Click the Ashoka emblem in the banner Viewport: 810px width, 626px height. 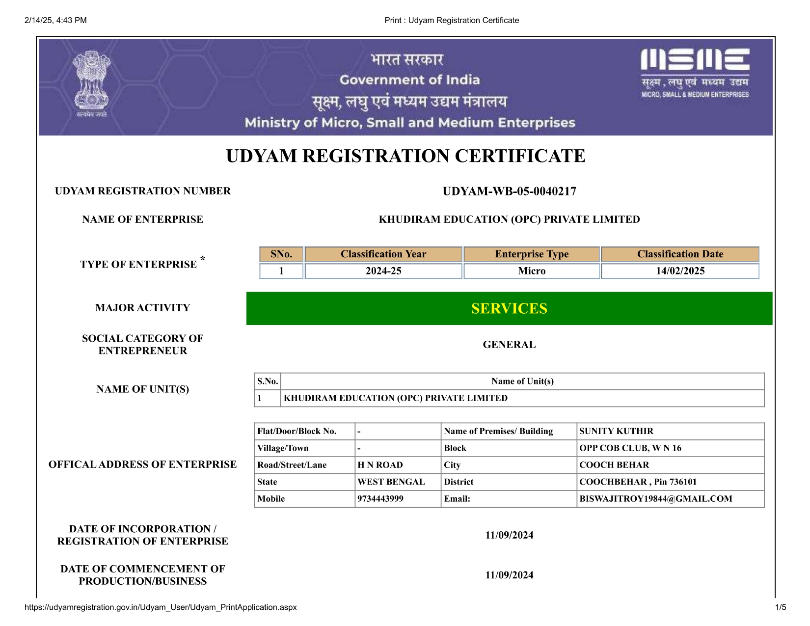91,83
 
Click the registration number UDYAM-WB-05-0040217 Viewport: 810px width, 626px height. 509,191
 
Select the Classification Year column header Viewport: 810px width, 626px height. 383,254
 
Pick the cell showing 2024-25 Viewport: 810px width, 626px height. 383,271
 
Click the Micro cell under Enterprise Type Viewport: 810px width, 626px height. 532,271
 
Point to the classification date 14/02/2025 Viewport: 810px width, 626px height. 680,271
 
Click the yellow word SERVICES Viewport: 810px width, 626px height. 509,308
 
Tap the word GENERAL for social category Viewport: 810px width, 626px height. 509,345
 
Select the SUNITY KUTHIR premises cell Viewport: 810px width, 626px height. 616,431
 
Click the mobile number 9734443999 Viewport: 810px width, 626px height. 380,499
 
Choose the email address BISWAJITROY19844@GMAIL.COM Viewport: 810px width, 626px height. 655,499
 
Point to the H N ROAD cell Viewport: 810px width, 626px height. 380,465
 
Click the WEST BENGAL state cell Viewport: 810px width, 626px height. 391,482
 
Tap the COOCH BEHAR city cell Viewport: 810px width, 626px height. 614,465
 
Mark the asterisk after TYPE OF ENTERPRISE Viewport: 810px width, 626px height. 203,259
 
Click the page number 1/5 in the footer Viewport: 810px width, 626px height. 781,607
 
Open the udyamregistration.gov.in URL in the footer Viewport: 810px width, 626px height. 161,607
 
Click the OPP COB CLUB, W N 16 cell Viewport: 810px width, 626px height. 630,448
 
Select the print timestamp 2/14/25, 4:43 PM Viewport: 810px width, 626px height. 55,20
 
